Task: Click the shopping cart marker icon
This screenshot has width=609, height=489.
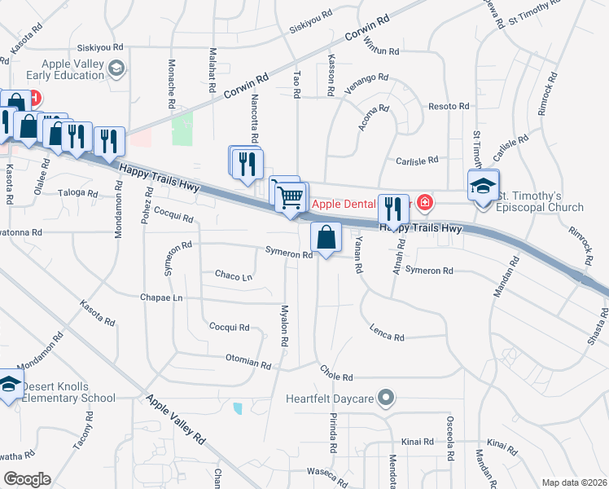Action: [x=291, y=196]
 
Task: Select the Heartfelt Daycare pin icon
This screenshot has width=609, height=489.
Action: [x=386, y=399]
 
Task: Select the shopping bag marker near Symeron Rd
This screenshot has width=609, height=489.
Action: [x=326, y=238]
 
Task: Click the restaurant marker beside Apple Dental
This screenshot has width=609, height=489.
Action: [x=394, y=209]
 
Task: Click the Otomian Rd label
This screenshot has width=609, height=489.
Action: [x=248, y=363]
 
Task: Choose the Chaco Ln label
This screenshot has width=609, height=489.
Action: [x=233, y=276]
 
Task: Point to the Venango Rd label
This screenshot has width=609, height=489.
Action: [x=366, y=83]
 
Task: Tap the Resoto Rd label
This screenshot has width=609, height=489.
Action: [x=449, y=107]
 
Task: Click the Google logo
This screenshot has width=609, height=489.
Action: [x=27, y=479]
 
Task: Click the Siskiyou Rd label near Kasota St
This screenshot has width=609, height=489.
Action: [x=94, y=48]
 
